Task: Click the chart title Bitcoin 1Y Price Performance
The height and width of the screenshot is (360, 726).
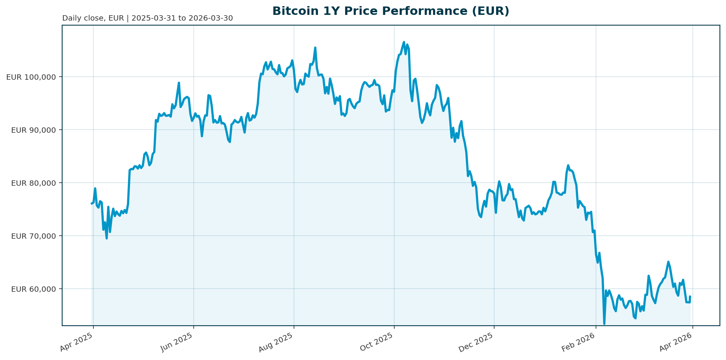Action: (390, 11)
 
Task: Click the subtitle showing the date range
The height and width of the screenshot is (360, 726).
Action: (147, 18)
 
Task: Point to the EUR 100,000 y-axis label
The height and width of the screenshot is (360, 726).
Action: (31, 77)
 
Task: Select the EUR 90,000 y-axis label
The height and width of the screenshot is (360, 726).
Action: (34, 130)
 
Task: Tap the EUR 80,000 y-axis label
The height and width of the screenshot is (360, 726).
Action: (34, 183)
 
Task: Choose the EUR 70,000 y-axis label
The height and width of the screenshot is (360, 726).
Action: (34, 236)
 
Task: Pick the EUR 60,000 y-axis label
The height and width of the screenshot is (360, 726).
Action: (34, 289)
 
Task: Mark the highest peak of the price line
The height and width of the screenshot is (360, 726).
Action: (404, 42)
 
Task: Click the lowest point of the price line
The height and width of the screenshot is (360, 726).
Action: (604, 324)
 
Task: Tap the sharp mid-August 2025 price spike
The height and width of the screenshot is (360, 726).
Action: (315, 48)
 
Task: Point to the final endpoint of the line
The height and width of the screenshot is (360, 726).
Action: (690, 296)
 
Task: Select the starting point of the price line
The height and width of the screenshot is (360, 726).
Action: (92, 204)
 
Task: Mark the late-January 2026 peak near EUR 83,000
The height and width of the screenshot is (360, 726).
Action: (568, 165)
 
